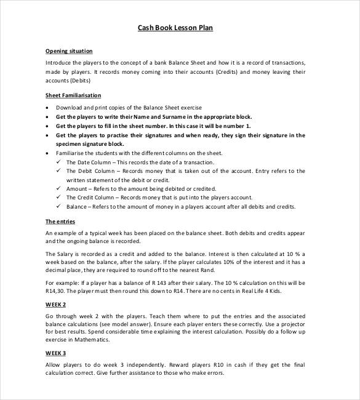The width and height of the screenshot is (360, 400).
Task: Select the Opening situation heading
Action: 69,51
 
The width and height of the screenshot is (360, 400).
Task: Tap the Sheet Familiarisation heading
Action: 73,95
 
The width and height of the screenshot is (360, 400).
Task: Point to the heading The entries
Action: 60,222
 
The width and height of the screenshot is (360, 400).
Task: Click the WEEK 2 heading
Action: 56,305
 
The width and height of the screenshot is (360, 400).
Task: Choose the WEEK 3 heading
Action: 56,353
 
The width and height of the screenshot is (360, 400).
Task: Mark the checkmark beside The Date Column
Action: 59,162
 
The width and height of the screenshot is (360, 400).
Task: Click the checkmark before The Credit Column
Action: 59,198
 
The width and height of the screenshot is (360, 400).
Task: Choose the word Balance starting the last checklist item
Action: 78,207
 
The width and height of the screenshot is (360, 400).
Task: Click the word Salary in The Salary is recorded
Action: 66,254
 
